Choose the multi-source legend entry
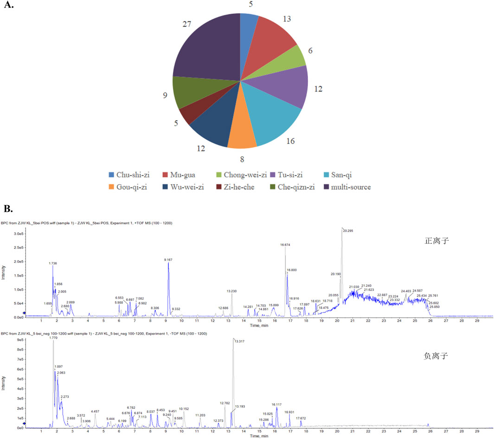pos(346,187)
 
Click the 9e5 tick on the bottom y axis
pos(20,340)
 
